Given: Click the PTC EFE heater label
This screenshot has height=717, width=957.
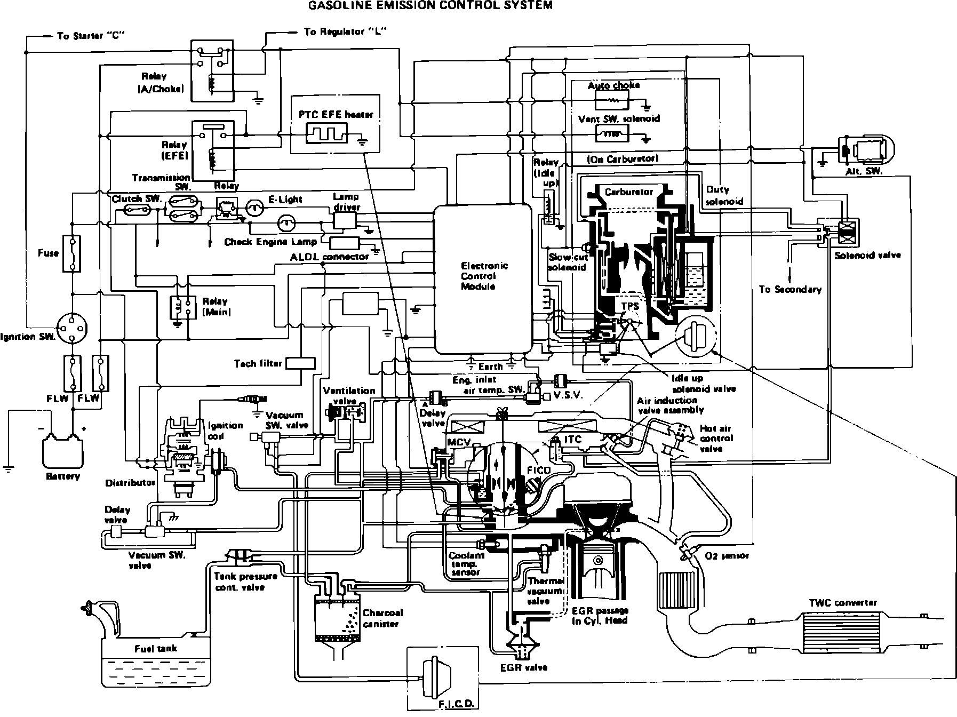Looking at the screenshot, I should coord(336,114).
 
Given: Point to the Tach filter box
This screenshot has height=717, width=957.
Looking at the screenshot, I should coord(300,363).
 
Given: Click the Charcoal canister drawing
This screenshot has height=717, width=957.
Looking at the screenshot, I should coord(336,614).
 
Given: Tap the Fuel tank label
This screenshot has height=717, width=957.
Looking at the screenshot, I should coord(155,649).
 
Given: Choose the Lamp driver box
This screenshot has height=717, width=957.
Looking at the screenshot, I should coord(344,220).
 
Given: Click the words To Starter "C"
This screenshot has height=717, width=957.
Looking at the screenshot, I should coord(87,36).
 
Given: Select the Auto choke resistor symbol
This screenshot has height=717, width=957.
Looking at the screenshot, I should coord(612,100).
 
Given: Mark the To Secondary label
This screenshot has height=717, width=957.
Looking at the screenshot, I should coord(790,290).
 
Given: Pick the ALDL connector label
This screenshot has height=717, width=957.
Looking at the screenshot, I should coord(329,257).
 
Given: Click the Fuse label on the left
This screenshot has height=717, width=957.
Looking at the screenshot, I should coord(48,253).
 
